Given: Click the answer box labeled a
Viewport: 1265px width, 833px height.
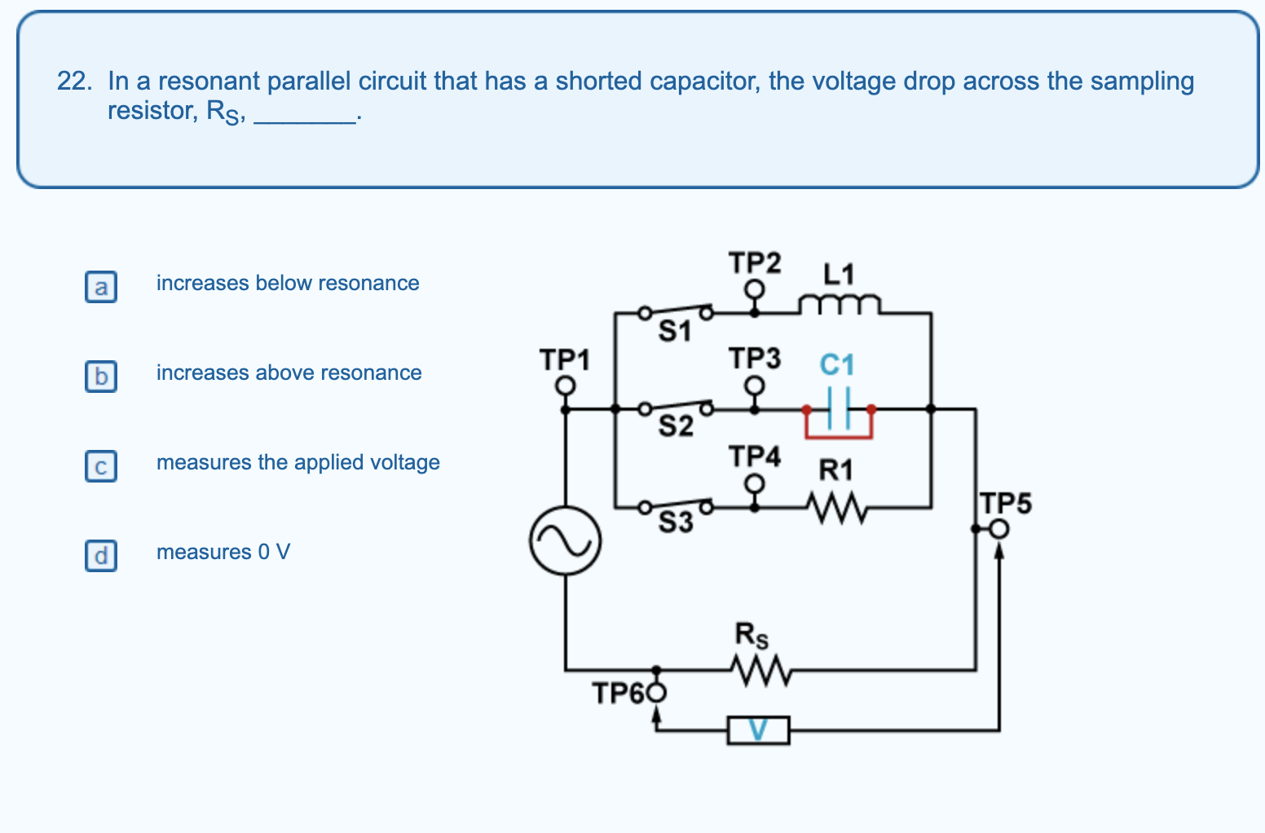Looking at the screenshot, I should point(101,287).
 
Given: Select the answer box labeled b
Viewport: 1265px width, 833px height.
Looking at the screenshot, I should point(101,377).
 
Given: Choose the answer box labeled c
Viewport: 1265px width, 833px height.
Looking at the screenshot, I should point(101,466).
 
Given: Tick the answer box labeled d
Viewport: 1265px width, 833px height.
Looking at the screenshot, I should point(101,556).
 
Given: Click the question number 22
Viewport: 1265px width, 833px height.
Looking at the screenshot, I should point(73,82).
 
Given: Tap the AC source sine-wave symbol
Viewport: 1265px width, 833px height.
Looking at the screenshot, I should point(566,540).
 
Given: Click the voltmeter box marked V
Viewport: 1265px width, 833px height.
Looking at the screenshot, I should point(758,730).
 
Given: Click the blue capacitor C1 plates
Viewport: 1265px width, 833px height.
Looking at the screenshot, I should point(839,406).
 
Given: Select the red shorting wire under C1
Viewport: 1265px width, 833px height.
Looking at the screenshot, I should point(839,437).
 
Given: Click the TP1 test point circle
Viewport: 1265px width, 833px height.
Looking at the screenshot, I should point(566,385).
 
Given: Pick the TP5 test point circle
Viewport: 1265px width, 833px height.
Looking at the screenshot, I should point(1000,530).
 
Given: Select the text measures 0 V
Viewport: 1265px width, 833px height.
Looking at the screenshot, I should point(223,553).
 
